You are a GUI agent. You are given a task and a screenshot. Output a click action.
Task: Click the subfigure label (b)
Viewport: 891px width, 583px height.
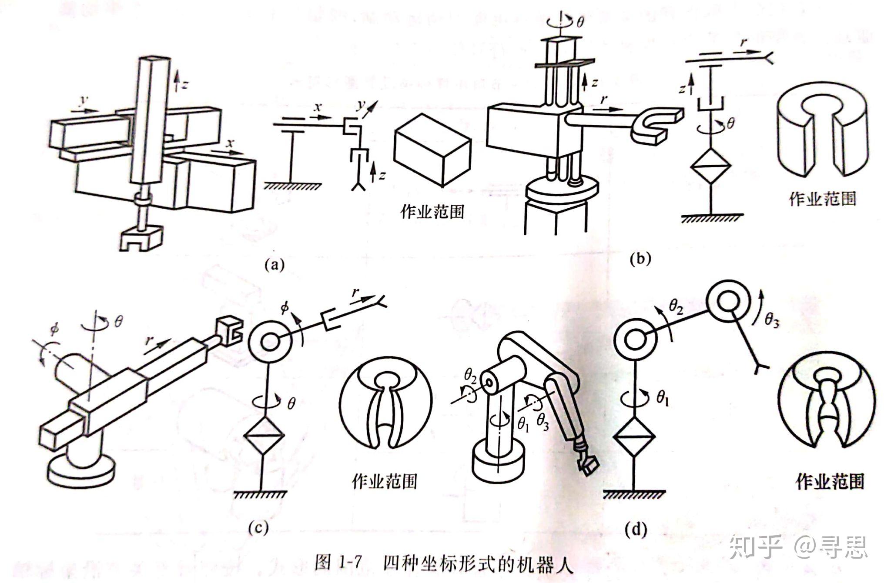(x=640, y=259)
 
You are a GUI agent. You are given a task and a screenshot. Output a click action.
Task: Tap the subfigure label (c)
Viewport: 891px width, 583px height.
(x=258, y=528)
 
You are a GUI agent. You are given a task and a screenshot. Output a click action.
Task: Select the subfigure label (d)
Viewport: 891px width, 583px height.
(x=635, y=530)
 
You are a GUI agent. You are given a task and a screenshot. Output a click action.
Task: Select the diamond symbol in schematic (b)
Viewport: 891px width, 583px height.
(x=710, y=167)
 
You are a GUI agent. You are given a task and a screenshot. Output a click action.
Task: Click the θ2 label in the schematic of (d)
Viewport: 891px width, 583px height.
(x=676, y=307)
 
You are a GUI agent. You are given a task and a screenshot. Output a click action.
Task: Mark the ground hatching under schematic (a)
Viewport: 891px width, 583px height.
(x=293, y=186)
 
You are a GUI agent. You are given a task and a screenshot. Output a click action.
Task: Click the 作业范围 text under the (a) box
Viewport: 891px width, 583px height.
(x=432, y=212)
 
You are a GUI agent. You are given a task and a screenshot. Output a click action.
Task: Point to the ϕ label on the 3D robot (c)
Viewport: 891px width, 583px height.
(x=54, y=329)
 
